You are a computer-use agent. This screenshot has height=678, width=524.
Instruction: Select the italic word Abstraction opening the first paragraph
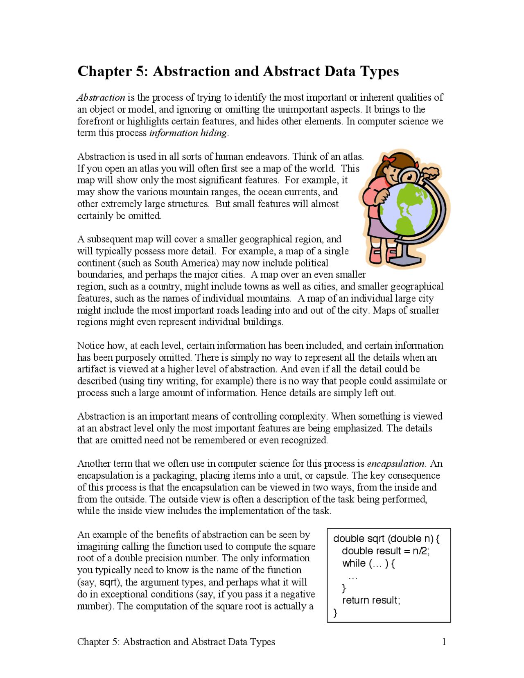coord(101,97)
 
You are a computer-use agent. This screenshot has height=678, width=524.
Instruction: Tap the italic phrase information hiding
coord(188,133)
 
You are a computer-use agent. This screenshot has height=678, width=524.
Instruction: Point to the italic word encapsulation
coord(395,463)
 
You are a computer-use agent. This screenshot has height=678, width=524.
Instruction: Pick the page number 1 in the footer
coord(444,642)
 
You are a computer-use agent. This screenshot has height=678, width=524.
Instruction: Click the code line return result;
coord(371,600)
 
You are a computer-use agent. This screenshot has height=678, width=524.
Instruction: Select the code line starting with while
coord(368,563)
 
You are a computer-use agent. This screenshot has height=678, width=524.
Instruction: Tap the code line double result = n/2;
coord(386,551)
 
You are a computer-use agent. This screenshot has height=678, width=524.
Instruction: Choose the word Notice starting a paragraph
coord(91,346)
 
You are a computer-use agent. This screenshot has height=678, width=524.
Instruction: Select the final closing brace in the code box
coord(336,612)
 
